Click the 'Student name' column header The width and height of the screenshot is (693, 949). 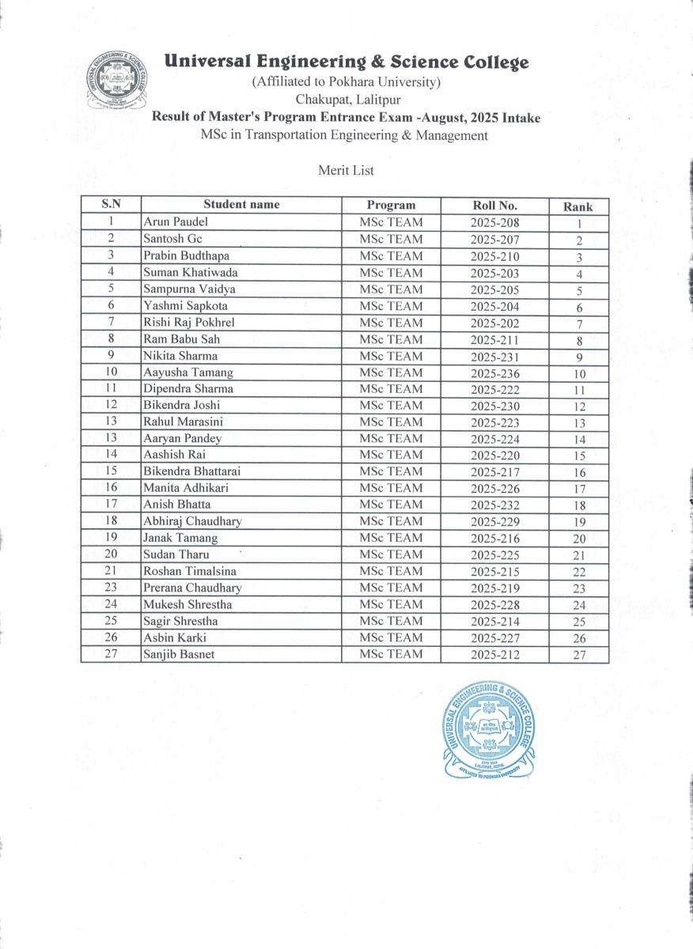(241, 205)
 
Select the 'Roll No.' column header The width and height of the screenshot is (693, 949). (494, 206)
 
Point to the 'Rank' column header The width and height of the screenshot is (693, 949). (577, 206)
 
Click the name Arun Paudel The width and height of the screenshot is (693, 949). (176, 222)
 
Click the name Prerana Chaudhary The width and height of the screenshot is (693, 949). (192, 588)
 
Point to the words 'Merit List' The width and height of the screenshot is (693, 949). (346, 170)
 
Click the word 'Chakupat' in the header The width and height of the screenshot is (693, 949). (320, 100)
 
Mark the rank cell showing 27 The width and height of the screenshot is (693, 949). (579, 655)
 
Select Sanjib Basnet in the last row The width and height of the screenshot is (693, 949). (179, 654)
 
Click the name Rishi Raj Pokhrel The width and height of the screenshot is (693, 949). (189, 323)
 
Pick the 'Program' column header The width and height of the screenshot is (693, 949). (391, 205)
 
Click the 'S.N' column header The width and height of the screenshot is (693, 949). (111, 205)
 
